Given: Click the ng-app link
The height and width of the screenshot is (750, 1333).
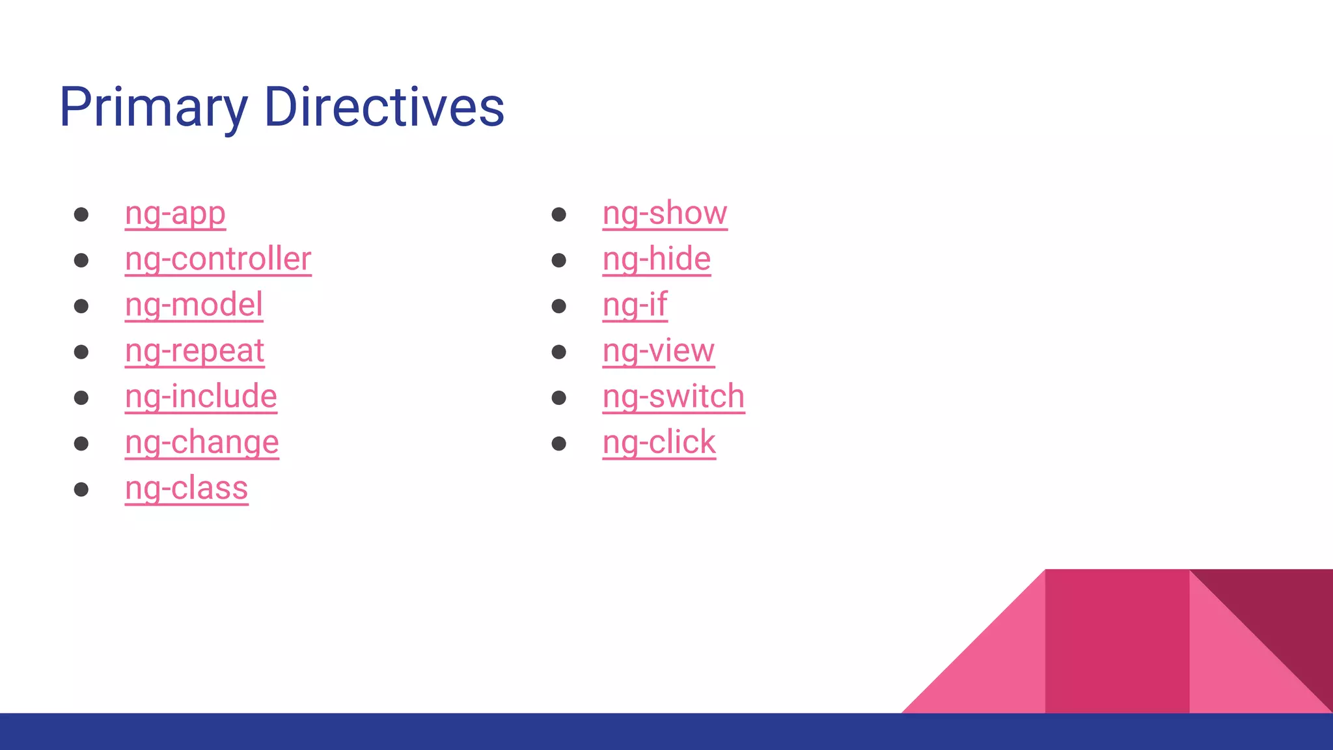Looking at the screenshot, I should [175, 214].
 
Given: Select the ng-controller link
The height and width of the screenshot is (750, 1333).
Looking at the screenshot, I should [218, 259].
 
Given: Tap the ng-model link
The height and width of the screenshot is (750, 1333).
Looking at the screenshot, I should [194, 305].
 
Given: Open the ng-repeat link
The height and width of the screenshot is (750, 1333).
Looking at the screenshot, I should [195, 351].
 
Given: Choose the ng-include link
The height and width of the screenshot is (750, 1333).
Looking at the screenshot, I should [201, 396].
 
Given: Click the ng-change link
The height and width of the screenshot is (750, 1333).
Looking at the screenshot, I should [202, 443].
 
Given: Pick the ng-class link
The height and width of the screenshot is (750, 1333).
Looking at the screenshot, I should [187, 488].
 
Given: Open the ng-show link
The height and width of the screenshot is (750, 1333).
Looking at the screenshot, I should [665, 214].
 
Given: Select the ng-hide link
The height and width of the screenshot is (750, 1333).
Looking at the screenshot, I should [656, 259].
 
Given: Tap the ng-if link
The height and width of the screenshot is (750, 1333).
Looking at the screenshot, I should [635, 305].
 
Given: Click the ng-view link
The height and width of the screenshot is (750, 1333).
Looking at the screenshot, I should [658, 351].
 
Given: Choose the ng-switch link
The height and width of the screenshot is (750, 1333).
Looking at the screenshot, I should [673, 396].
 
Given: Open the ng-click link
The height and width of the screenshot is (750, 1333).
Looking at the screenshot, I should [659, 443].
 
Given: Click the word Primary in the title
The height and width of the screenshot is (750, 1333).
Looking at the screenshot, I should [154, 107].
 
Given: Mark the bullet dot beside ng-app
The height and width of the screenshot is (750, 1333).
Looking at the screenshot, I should [81, 215].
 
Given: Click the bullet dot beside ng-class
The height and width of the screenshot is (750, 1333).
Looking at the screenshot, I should [81, 490].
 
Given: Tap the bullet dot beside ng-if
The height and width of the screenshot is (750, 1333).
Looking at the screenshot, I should [558, 306].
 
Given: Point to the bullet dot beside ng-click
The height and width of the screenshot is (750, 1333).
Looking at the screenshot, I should [558, 444].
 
